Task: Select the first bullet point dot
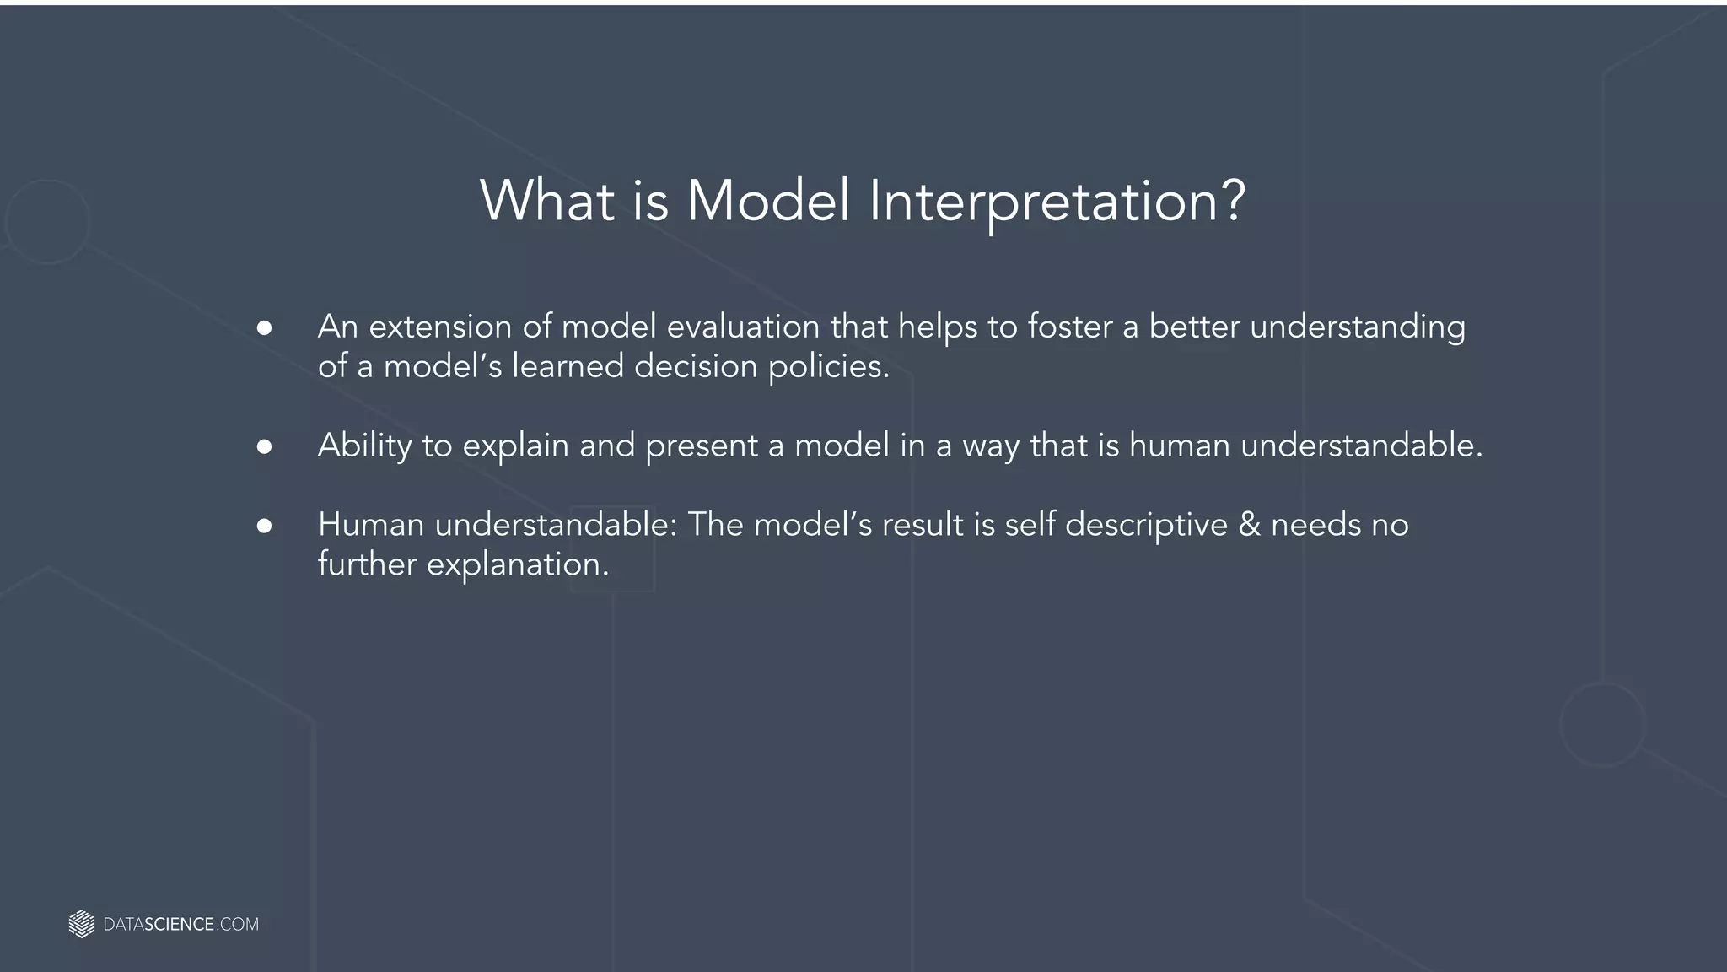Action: pos(264,328)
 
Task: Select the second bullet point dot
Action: pos(264,447)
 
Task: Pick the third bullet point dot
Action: pos(264,526)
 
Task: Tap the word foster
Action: pos(1070,327)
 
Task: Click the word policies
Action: pos(828,366)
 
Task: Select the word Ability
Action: pos(364,445)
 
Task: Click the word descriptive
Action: pos(1146,525)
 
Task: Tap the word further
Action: pos(367,564)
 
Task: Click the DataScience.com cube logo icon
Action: pos(81,924)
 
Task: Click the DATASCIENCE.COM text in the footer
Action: pos(180,925)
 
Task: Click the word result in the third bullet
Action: pos(923,525)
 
